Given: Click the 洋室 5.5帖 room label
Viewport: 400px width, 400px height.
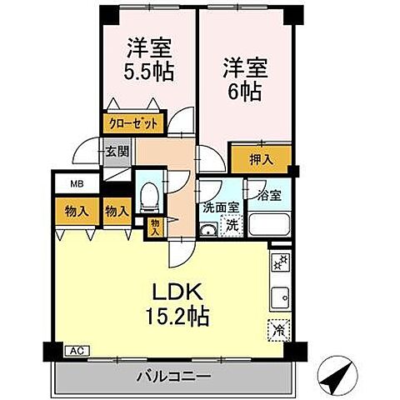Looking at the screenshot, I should click(151, 58).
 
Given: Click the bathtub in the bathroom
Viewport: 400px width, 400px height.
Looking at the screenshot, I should click(269, 225).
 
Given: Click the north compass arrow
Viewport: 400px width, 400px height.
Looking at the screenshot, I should click(337, 379).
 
